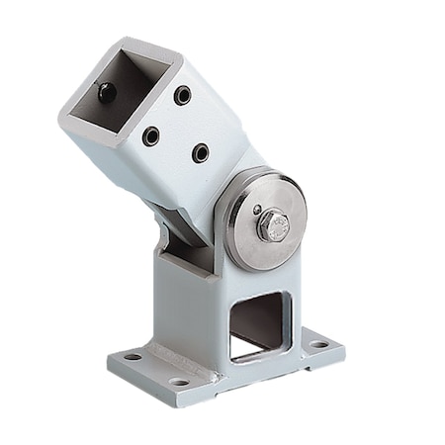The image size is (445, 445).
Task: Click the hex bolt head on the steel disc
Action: pos(273,226)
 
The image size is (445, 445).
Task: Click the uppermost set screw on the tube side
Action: pos(182,95)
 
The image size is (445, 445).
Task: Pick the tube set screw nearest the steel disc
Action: pos(201,152)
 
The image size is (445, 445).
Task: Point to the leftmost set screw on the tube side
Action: pos(150,135)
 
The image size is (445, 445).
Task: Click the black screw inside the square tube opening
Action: pos(107,94)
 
